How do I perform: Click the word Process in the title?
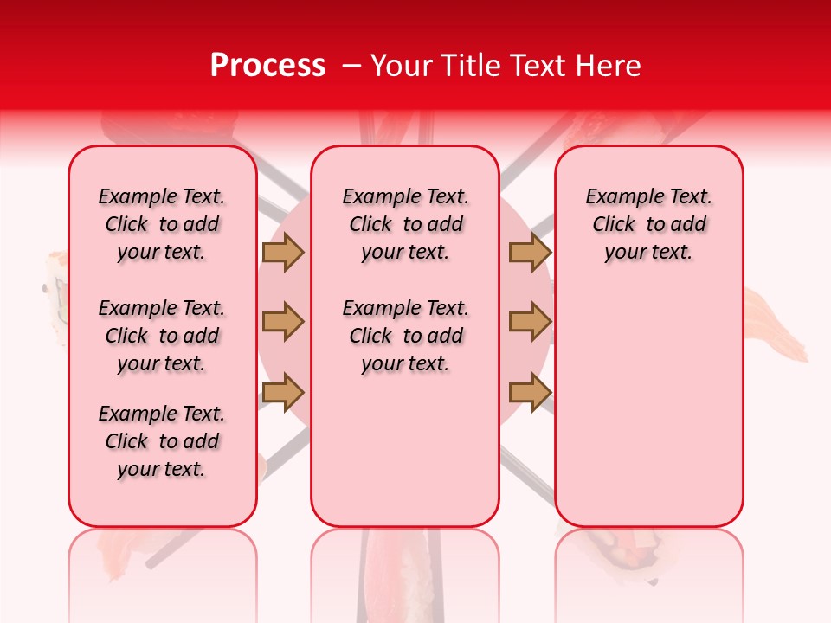pyautogui.click(x=267, y=66)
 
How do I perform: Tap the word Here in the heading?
pyautogui.click(x=609, y=66)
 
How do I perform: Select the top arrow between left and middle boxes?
pyautogui.click(x=282, y=252)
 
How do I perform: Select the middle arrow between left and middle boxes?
pyautogui.click(x=282, y=322)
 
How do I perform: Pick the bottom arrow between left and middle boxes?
pyautogui.click(x=282, y=392)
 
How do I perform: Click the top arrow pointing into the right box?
pyautogui.click(x=530, y=252)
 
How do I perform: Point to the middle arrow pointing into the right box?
pyautogui.click(x=530, y=322)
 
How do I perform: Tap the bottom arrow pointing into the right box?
pyautogui.click(x=530, y=392)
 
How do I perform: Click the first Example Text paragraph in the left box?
pyautogui.click(x=162, y=224)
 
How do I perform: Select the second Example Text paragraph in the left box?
pyautogui.click(x=162, y=336)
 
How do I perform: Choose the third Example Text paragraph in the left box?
pyautogui.click(x=162, y=441)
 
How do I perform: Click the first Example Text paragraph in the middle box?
pyautogui.click(x=405, y=224)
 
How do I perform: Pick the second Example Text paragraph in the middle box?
pyautogui.click(x=405, y=336)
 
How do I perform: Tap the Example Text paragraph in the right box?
pyautogui.click(x=648, y=224)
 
